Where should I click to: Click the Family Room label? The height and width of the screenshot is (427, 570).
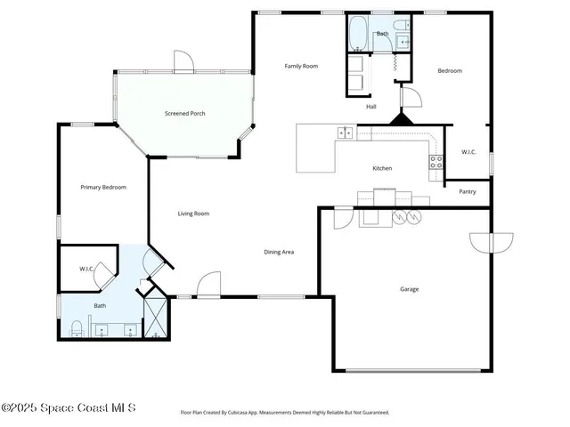click(x=301, y=67)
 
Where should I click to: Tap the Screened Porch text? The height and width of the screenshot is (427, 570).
click(x=184, y=113)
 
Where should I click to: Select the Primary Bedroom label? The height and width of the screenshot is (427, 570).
click(x=103, y=188)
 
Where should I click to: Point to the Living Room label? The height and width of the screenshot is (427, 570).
click(x=193, y=213)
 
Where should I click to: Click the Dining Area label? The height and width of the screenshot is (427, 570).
click(x=279, y=252)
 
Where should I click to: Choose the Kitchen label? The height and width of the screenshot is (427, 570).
click(x=382, y=168)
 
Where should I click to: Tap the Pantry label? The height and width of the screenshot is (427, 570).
click(x=467, y=191)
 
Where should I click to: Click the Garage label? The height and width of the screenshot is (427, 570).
click(x=409, y=289)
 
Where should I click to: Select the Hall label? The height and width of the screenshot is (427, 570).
click(x=371, y=107)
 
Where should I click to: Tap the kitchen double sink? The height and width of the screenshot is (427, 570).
click(x=345, y=133)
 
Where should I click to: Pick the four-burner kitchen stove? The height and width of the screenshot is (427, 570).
click(x=436, y=162)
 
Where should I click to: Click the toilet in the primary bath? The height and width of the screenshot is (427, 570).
click(x=77, y=328)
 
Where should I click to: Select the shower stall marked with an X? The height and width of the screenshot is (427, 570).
click(x=156, y=316)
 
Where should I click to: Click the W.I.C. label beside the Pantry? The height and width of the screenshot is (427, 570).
click(x=468, y=152)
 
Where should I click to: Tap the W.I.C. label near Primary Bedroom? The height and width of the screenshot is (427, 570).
click(x=86, y=269)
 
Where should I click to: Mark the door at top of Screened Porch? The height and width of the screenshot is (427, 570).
click(x=183, y=61)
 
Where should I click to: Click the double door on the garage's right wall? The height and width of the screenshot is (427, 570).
click(x=492, y=243)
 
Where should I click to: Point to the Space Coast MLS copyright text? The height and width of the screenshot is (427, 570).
click(x=69, y=408)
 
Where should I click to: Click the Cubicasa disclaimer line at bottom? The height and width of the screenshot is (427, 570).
click(x=285, y=413)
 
